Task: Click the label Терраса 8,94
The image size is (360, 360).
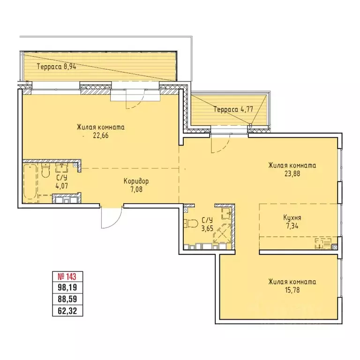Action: point(56,67)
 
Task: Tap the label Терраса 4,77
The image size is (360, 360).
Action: point(233,109)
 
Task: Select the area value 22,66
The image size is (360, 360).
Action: point(101,135)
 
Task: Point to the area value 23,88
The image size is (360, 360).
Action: point(292,174)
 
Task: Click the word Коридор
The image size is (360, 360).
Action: point(136,181)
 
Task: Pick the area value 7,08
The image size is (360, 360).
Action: point(136,189)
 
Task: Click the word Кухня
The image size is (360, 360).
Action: point(292,217)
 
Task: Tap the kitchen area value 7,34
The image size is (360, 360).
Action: point(292,226)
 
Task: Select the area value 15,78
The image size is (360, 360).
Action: point(292,290)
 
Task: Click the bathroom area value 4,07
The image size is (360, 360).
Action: point(62,186)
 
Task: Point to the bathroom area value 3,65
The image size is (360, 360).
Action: point(207,228)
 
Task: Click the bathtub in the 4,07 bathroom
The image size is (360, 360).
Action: point(30,181)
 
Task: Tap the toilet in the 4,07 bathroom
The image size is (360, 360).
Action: point(45,170)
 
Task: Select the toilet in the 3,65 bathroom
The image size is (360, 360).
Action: point(191,223)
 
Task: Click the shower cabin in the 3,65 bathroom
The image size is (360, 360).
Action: point(222,233)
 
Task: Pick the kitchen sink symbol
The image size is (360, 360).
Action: point(323,244)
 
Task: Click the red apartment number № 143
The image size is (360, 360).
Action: point(67,277)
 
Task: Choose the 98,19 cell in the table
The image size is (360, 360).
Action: point(67,287)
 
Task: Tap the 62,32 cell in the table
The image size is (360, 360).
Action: point(67,311)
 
